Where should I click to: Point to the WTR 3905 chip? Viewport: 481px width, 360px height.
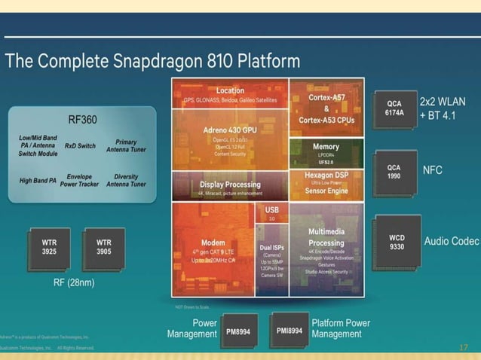coord(104,247)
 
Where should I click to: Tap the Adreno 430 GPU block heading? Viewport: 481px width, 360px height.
coord(230,130)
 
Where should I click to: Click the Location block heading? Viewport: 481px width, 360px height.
coord(230,90)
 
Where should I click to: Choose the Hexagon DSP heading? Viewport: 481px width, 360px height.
coord(326,175)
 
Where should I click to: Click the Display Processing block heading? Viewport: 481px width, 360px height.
coord(230,184)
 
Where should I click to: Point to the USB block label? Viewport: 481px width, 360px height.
coord(272,209)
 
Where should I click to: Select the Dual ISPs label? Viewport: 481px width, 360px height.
coord(272,247)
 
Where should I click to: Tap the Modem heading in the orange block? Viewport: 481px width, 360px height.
coord(213,243)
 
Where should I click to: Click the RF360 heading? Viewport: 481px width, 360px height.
coord(82,119)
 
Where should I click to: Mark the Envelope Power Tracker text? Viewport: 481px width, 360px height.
coord(80,180)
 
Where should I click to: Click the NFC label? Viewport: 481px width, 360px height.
coord(432,171)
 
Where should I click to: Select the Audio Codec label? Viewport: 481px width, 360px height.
coord(451,242)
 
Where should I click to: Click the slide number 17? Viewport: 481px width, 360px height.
coord(464,347)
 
